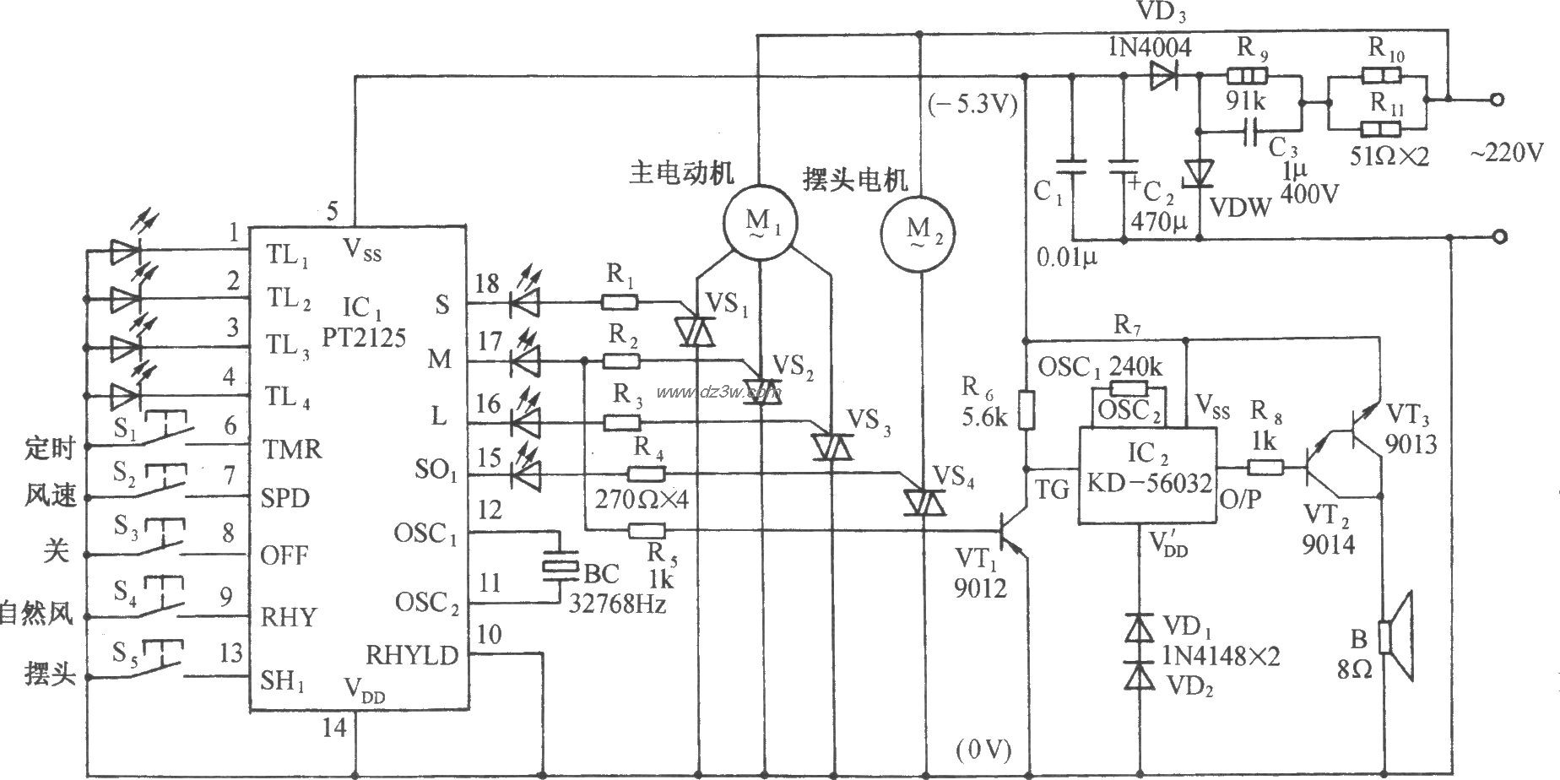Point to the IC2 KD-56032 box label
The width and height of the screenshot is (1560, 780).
point(1148,469)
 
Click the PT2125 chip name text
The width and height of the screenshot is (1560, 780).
point(364,338)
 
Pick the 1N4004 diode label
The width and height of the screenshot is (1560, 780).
point(1149,47)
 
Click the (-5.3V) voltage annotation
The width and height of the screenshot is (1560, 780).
point(972,106)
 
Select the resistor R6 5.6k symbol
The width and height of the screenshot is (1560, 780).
point(1026,410)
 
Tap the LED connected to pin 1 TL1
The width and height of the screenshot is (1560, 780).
point(125,250)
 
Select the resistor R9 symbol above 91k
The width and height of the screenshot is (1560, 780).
point(1245,74)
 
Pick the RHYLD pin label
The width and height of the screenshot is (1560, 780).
point(412,655)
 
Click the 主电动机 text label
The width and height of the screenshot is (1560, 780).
point(681,172)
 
